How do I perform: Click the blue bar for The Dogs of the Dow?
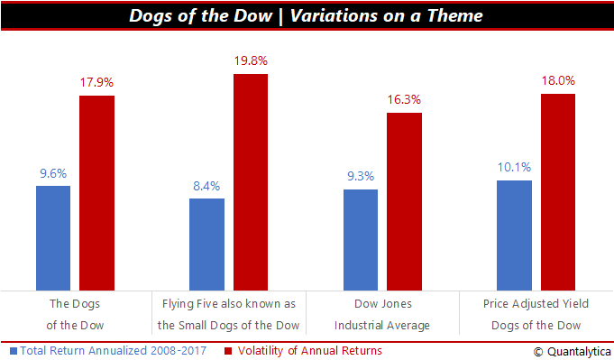pos(53,238)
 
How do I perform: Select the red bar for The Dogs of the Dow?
pos(96,193)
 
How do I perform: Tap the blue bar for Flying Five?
pos(206,245)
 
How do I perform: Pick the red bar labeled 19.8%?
pos(251,182)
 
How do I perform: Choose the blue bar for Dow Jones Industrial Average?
pos(361,240)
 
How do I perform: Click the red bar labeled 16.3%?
pos(405,202)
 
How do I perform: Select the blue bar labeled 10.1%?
pos(514,235)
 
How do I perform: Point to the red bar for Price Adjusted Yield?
pos(558,192)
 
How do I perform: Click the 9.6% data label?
pos(53,173)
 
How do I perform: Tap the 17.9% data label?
pos(96,82)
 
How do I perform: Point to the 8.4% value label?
pos(206,186)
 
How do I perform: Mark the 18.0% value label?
pos(558,80)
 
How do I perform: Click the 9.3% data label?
pos(361,176)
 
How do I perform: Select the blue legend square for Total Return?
pos(14,351)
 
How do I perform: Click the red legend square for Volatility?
pos(228,351)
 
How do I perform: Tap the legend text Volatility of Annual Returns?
pos(310,351)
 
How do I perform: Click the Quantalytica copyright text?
pos(573,352)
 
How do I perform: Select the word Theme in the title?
pos(455,15)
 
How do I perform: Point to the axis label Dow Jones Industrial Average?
pos(382,315)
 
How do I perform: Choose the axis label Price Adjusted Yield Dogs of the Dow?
pos(536,315)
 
